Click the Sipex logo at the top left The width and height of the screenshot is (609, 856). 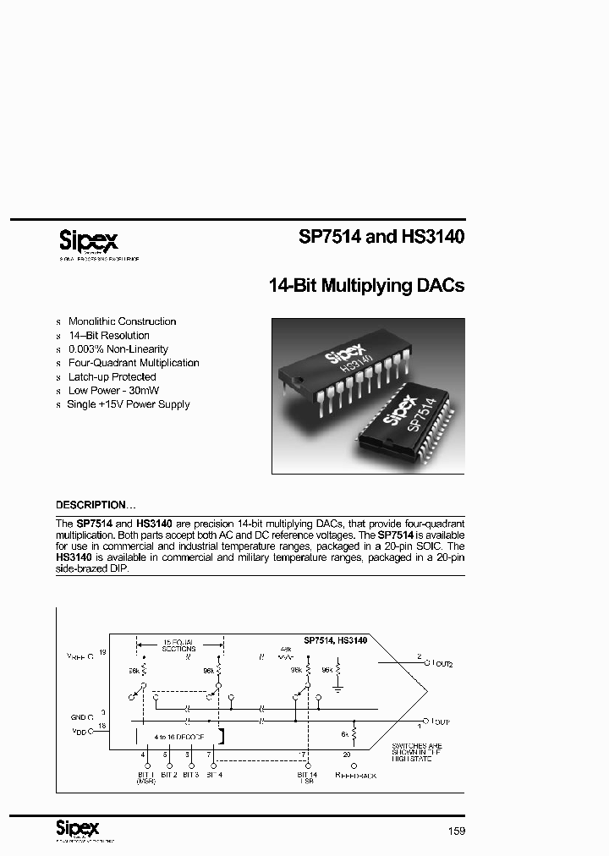89,239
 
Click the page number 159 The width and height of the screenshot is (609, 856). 457,831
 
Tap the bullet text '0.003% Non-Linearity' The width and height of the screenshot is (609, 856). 118,349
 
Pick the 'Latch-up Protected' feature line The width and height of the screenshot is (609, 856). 112,376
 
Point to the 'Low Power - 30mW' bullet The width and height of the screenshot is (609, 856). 114,391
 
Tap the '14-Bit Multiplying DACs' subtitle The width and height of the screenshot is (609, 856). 366,286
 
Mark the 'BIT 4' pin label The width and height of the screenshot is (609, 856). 213,774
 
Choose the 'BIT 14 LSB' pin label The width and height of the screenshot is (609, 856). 306,778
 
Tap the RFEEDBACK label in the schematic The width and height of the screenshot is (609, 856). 356,774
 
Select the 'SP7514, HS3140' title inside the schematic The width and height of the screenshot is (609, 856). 336,641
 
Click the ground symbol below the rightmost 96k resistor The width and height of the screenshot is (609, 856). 338,690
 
